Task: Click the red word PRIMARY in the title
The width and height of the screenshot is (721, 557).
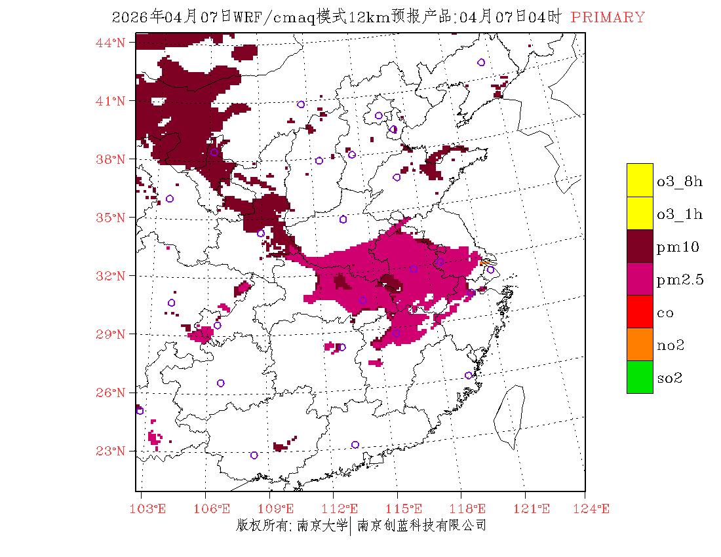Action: click(x=608, y=18)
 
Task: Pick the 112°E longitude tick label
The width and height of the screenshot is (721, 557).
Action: click(x=344, y=509)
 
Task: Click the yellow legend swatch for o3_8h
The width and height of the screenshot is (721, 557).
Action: click(x=640, y=180)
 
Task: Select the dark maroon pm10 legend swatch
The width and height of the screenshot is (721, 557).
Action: click(x=640, y=246)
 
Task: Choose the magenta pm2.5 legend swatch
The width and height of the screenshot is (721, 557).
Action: click(x=640, y=279)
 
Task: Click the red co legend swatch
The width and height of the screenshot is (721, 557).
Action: click(x=640, y=312)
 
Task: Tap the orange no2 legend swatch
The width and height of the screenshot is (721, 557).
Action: click(x=640, y=345)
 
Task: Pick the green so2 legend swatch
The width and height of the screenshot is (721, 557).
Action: click(x=640, y=377)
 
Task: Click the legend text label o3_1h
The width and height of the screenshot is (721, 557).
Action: click(x=680, y=214)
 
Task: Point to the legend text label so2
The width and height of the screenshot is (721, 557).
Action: click(x=670, y=379)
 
